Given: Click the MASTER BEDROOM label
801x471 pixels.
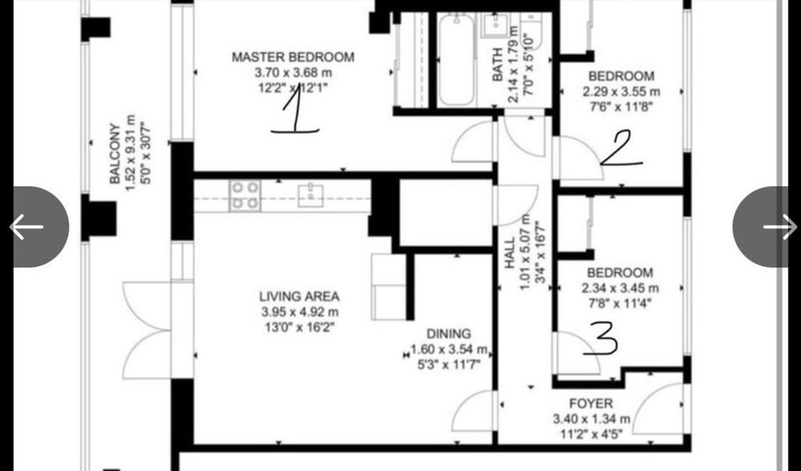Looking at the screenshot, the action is [x=293, y=56].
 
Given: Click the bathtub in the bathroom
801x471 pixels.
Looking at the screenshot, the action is [x=456, y=59].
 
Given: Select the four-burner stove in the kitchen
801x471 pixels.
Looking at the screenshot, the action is [x=245, y=196].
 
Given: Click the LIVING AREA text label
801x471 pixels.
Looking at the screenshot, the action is [x=299, y=297].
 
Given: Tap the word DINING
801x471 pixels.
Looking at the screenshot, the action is [x=448, y=334].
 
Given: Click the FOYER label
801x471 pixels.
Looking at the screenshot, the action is [x=591, y=404].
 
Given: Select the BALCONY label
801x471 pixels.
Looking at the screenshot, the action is [x=115, y=153].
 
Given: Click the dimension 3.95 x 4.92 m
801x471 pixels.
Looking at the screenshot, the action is [x=299, y=311].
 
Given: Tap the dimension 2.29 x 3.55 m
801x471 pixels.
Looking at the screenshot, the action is [x=621, y=92].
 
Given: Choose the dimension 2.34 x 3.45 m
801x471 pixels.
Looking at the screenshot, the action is [x=620, y=288].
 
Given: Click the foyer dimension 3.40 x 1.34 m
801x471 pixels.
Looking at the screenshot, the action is [x=591, y=419].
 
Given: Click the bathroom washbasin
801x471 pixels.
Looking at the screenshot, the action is [x=494, y=26].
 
